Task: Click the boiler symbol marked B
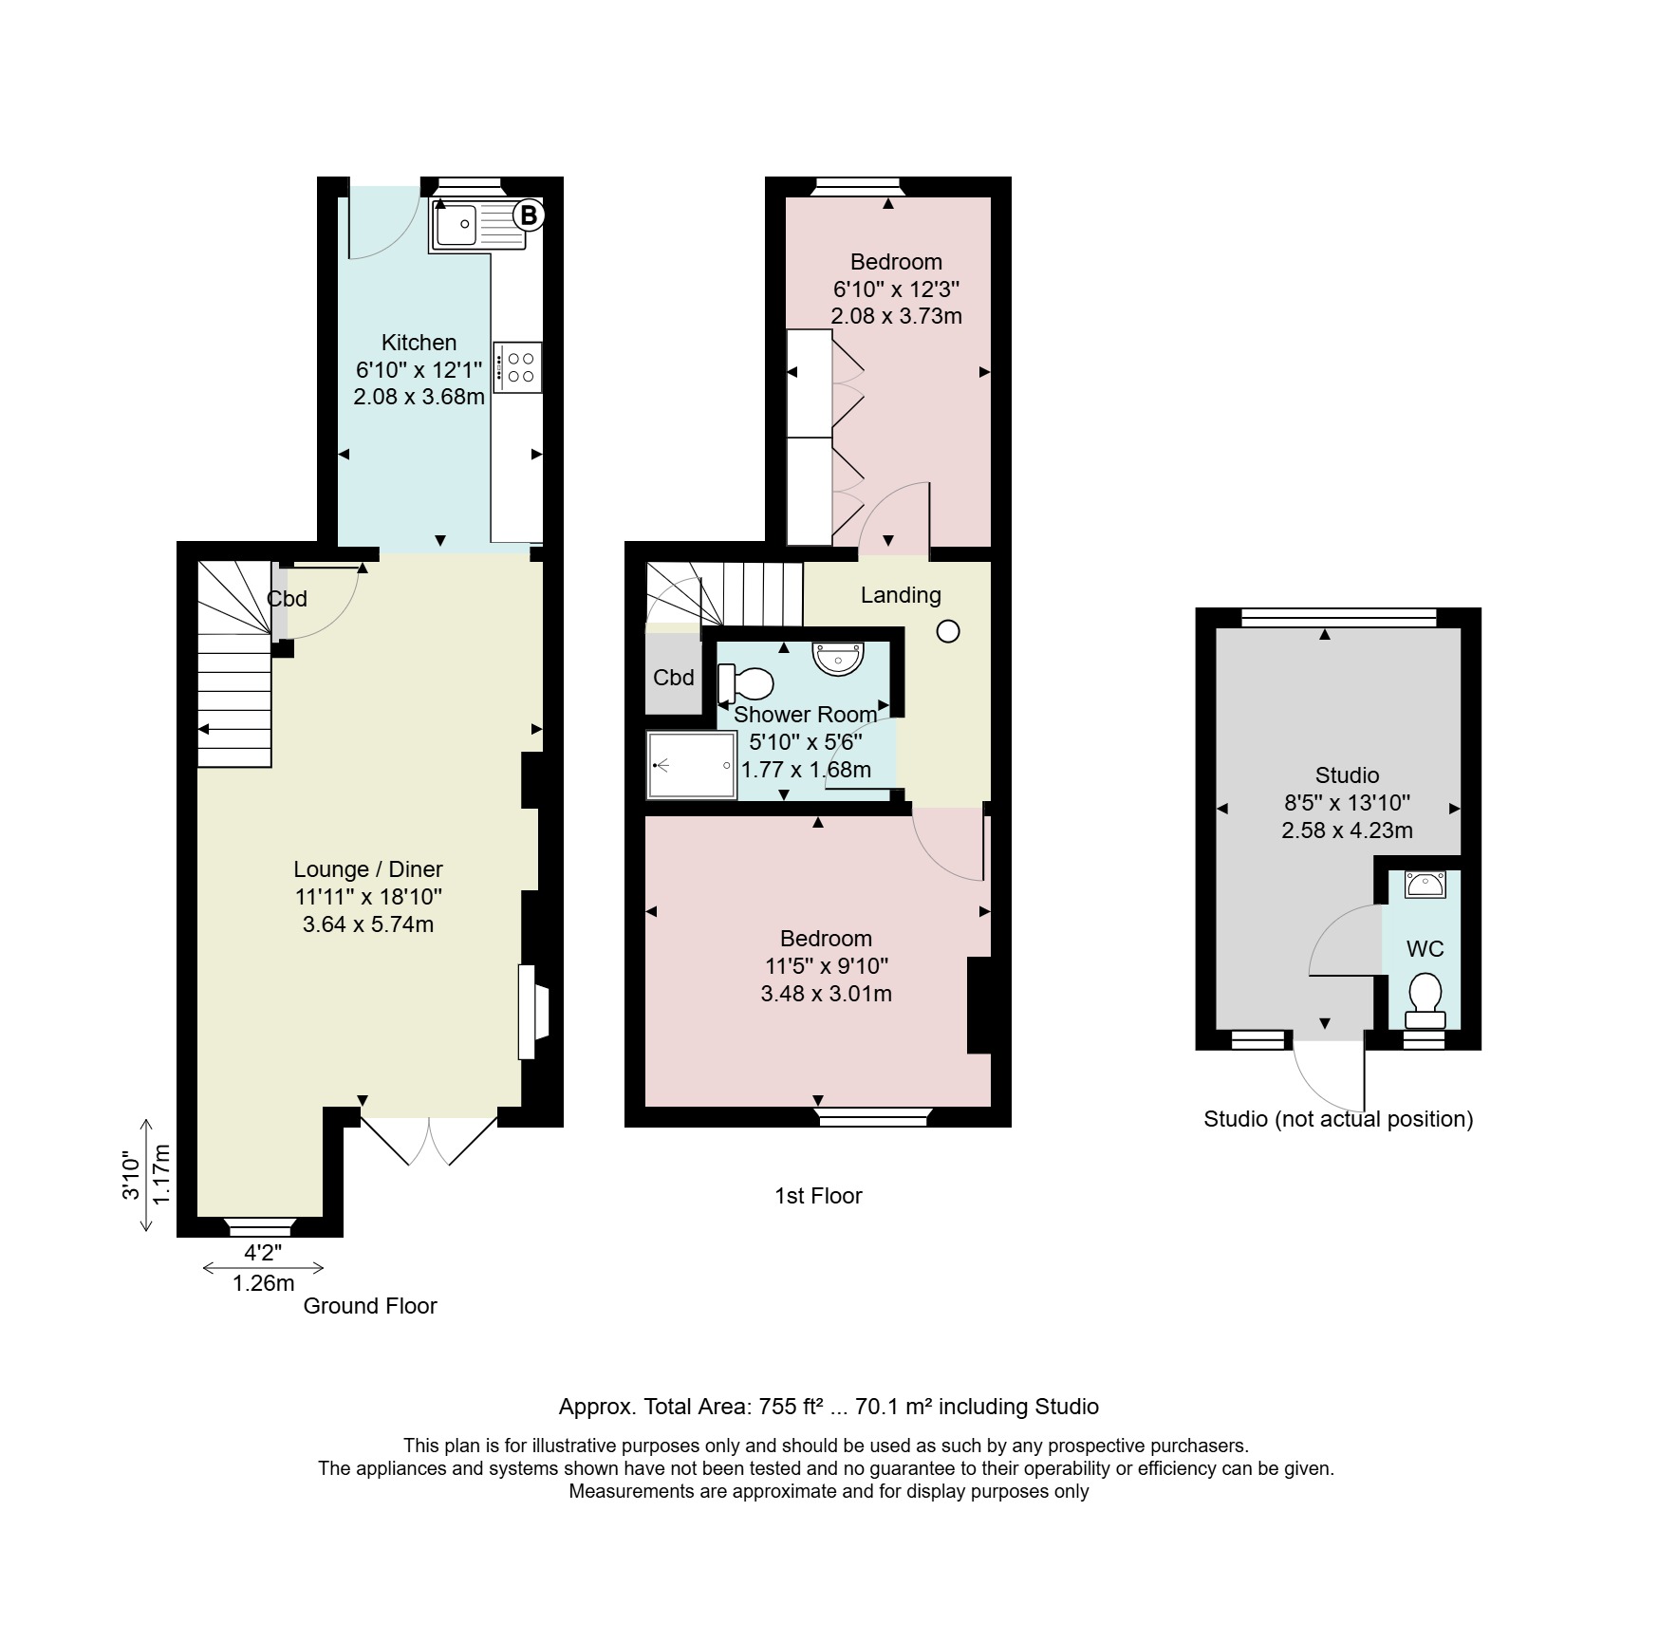coord(529,215)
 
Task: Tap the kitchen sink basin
coord(456,225)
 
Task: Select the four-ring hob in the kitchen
coord(517,367)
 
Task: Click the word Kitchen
coord(419,343)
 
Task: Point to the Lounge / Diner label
coord(368,869)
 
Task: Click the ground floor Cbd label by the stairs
coord(287,599)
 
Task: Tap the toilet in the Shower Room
coord(746,683)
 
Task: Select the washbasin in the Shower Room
coord(839,658)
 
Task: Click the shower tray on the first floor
coord(692,765)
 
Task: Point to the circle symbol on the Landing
coord(948,631)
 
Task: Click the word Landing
coord(901,595)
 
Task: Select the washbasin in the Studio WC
coord(1425,885)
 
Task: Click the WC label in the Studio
coord(1425,949)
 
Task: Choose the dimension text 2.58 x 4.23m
coord(1347,830)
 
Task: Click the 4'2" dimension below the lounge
coord(263,1253)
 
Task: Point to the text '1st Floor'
coord(818,1196)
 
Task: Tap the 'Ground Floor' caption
coord(370,1306)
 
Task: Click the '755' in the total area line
coord(777,1407)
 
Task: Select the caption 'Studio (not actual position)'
coord(1338,1119)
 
